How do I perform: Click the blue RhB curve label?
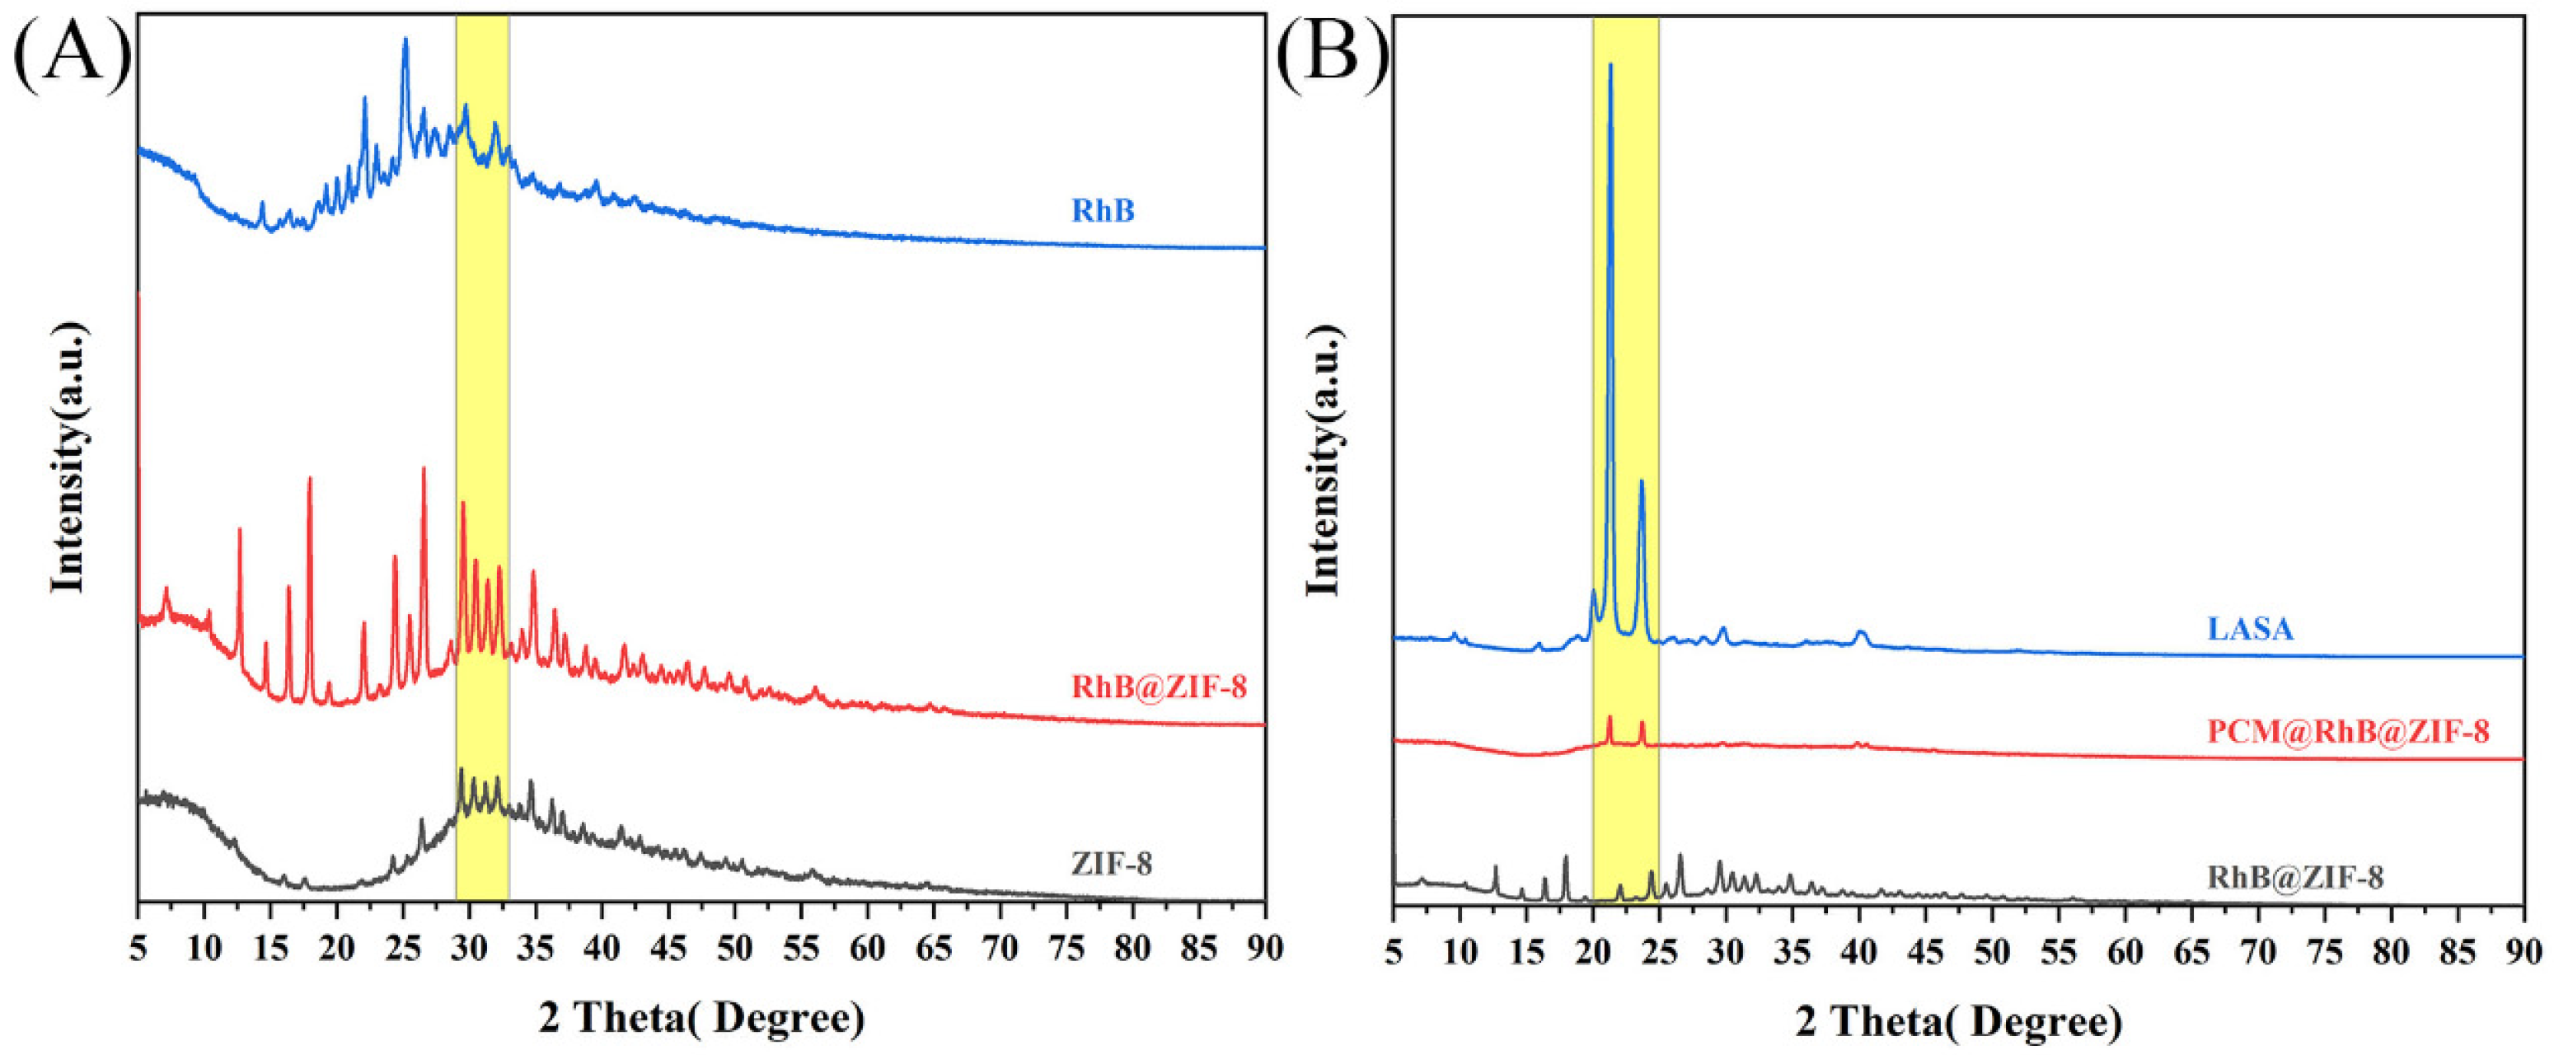tap(1103, 210)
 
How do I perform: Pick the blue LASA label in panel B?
tap(2250, 629)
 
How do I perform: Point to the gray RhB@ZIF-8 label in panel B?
tap(2294, 878)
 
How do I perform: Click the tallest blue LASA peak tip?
tap(1610, 65)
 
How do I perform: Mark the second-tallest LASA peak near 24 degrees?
tap(1642, 482)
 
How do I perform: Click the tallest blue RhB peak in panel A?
tap(405, 40)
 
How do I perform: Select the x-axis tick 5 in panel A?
tap(138, 948)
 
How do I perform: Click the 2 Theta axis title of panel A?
tap(701, 1018)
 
